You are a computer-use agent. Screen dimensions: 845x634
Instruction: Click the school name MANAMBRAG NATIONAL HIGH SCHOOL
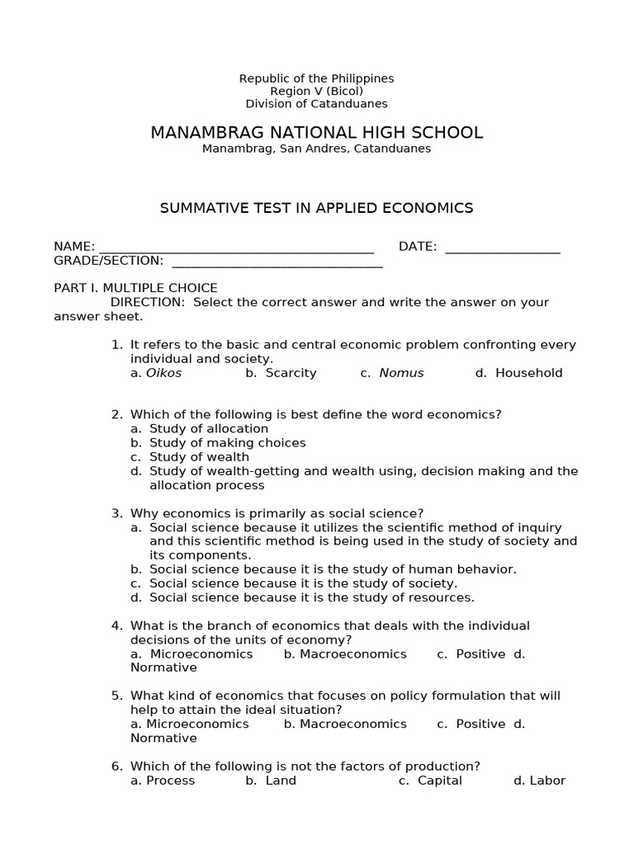[x=316, y=133]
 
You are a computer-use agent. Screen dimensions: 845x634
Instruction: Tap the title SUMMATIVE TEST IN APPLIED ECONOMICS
[x=316, y=208]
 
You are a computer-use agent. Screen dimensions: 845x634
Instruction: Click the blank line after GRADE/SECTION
[x=277, y=262]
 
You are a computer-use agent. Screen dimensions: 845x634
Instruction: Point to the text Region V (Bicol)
[x=316, y=91]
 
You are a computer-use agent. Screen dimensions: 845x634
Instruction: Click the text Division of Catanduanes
[x=316, y=104]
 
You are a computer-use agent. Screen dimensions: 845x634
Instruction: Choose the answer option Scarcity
[x=291, y=373]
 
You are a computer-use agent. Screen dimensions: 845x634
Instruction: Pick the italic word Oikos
[x=163, y=373]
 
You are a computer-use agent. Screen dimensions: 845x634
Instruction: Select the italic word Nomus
[x=401, y=373]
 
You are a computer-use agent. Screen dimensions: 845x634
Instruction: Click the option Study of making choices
[x=227, y=443]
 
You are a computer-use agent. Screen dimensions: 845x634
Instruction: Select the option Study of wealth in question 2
[x=199, y=457]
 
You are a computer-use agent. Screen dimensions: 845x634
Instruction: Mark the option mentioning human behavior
[x=333, y=569]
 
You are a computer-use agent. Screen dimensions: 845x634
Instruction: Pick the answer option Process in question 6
[x=170, y=781]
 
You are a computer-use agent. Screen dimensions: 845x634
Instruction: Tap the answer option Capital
[x=439, y=781]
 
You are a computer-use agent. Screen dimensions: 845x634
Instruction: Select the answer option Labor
[x=546, y=781]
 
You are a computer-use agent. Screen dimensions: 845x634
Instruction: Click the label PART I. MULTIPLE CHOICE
[x=135, y=288]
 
